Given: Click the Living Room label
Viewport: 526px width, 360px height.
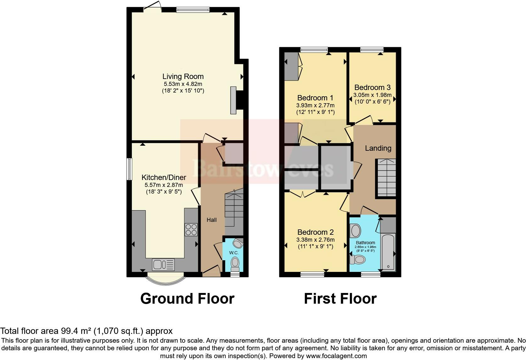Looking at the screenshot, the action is tap(183, 76).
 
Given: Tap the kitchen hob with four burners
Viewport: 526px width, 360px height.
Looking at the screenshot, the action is tap(191, 229).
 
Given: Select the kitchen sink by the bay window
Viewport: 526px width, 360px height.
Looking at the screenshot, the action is tap(163, 264).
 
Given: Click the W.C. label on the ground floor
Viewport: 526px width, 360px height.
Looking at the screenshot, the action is tap(234, 253).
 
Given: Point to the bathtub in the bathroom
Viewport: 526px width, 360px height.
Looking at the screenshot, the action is tap(388, 252).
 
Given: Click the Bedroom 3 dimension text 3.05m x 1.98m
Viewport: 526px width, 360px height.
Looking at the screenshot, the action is tap(372, 95).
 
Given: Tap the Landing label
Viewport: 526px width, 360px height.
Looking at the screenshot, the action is tap(378, 148).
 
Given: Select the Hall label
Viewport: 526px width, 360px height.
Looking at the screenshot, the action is tap(212, 220).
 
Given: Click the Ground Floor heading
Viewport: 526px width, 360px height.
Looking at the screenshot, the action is tap(187, 298).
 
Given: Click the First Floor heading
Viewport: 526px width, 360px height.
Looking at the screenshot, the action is tap(340, 298).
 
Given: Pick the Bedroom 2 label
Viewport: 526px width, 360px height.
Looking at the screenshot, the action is tap(315, 232).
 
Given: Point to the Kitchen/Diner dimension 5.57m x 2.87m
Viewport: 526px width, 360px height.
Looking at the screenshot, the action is tap(164, 185).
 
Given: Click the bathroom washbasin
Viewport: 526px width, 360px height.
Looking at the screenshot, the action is tap(355, 231).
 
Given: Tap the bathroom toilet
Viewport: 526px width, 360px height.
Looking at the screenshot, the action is tap(357, 260).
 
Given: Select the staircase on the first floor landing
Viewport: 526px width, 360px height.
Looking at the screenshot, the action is tap(387, 178).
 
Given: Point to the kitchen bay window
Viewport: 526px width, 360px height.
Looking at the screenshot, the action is tap(165, 279).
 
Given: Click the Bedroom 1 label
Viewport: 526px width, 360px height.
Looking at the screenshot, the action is tap(315, 98).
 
